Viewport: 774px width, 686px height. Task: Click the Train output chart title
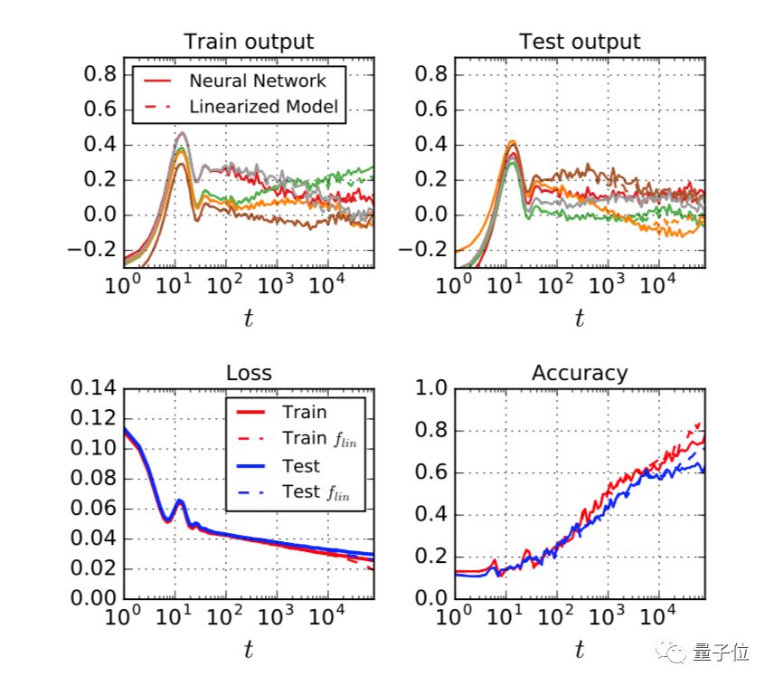249,42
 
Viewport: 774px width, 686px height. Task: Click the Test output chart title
579,42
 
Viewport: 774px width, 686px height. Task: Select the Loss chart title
249,373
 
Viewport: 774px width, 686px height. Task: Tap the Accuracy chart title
579,373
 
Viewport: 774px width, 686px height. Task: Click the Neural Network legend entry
256,81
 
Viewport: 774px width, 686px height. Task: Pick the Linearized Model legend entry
263,106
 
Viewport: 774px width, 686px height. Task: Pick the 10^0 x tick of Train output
123,286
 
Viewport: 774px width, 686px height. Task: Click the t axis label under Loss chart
249,648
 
